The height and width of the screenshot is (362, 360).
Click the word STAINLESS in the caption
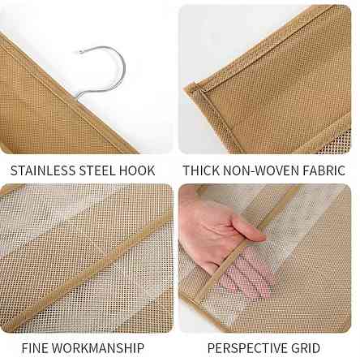[x=43, y=170]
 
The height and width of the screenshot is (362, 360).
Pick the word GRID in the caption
[x=305, y=348]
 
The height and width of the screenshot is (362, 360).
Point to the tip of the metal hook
[x=80, y=51]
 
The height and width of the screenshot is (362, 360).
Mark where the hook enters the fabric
[x=76, y=97]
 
